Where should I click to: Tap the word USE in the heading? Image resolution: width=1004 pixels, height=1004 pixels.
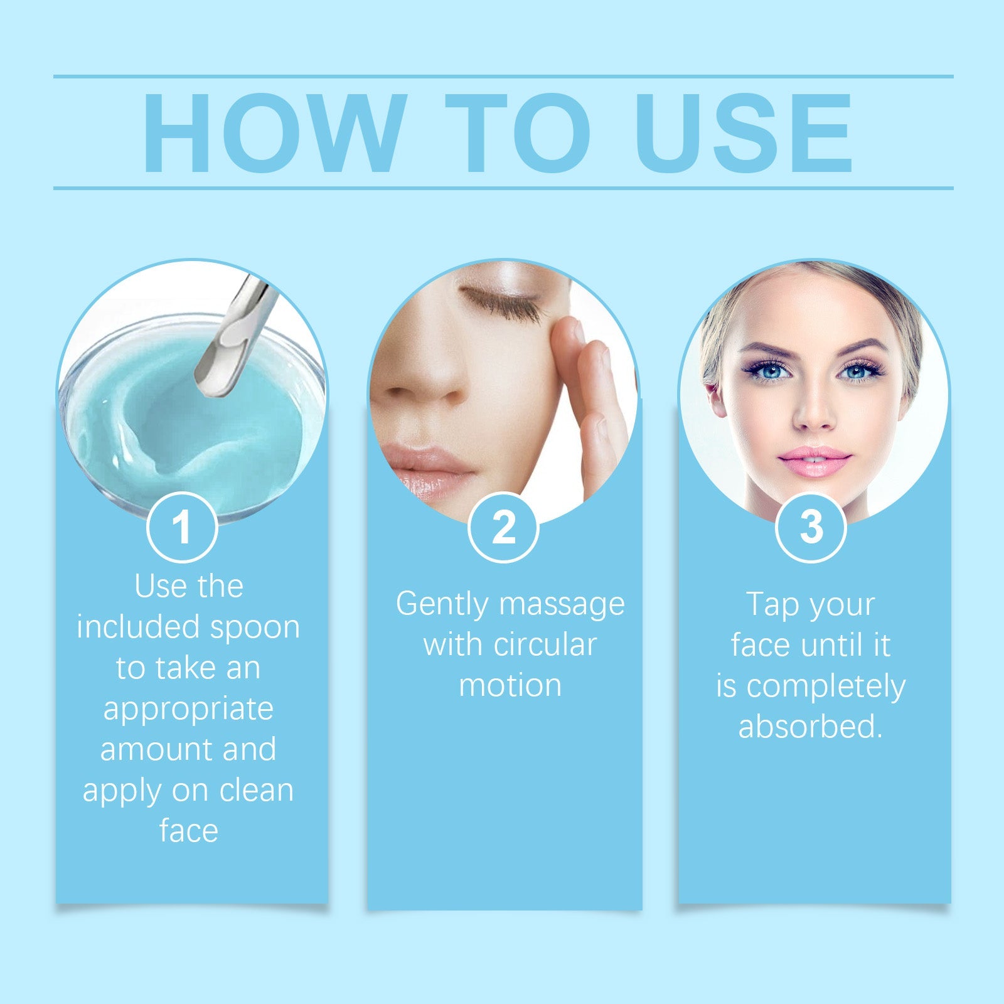pos(744,133)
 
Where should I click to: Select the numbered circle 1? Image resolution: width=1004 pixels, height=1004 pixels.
pos(182,527)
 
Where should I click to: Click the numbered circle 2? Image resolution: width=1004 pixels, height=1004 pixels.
pos(503,527)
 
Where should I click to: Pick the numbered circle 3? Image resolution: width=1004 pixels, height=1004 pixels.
pos(811,527)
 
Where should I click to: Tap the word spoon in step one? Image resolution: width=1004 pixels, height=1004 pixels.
pos(255,627)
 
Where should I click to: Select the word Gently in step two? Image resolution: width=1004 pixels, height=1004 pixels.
pos(442,605)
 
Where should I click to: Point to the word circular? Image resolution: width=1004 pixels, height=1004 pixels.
pos(545,645)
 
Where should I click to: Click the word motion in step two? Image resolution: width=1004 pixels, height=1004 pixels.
pos(510,685)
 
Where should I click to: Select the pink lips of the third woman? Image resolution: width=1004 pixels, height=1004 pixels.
pos(814,461)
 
